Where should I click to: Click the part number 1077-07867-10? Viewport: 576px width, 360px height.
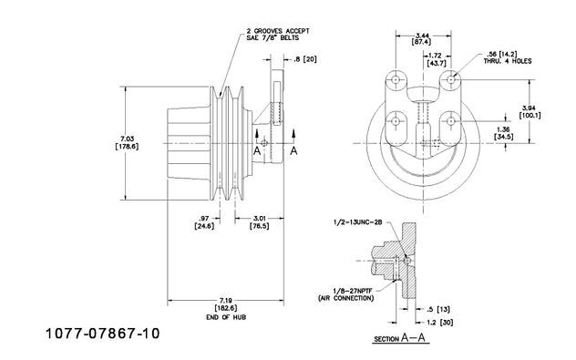(x=102, y=334)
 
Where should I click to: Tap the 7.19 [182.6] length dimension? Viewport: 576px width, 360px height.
(x=226, y=304)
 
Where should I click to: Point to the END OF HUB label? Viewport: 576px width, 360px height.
(x=226, y=317)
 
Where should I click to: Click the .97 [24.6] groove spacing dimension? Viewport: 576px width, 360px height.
(x=204, y=222)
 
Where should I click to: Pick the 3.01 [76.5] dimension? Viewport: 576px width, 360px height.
(x=260, y=222)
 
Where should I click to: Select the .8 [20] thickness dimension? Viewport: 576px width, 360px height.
(x=305, y=59)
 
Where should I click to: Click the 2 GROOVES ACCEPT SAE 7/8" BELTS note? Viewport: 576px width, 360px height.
(x=278, y=35)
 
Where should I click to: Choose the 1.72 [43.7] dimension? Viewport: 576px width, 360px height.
(x=437, y=59)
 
